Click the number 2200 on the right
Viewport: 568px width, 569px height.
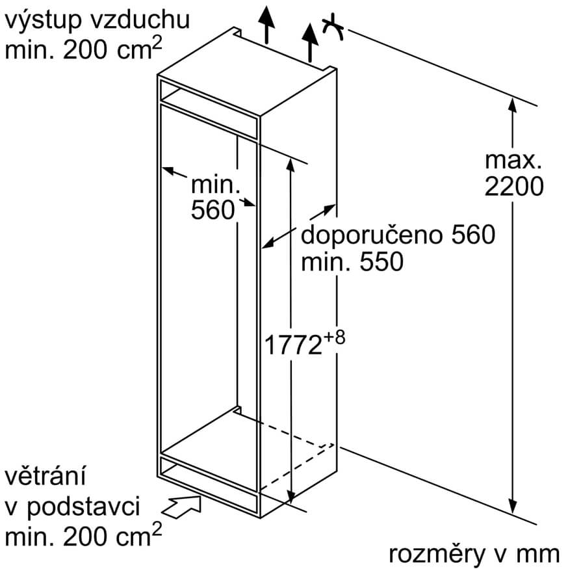514,187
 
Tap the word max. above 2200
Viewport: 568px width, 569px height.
513,160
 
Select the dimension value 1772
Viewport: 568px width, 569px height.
293,345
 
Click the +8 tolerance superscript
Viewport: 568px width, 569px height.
335,338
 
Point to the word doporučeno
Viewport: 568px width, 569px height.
372,235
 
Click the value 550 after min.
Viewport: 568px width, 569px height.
381,261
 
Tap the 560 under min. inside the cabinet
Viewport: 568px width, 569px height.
213,210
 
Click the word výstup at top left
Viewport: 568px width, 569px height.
43,20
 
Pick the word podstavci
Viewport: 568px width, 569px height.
83,507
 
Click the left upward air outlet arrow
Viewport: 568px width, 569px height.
266,25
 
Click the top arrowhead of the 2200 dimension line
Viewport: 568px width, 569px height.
512,105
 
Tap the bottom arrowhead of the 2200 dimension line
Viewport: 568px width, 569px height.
512,505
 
